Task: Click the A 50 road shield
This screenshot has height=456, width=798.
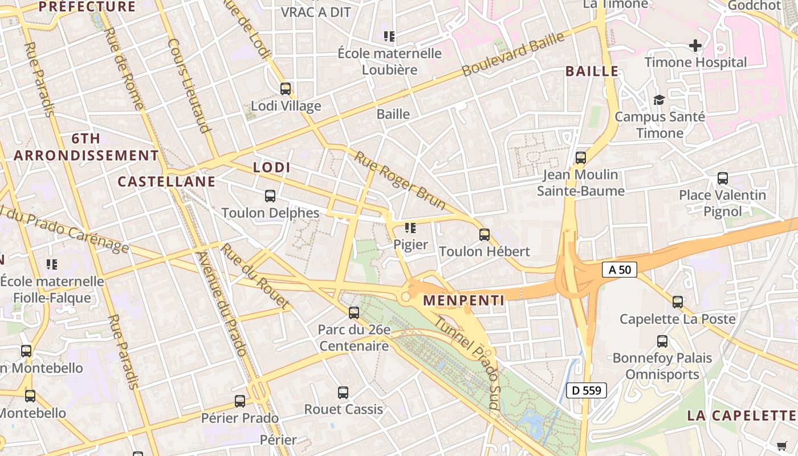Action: (620, 270)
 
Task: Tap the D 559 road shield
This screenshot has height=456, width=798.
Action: (586, 390)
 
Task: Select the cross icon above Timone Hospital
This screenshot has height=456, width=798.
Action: (695, 45)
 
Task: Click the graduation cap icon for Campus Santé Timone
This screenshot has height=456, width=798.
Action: (659, 100)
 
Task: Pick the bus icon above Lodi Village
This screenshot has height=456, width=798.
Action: (286, 89)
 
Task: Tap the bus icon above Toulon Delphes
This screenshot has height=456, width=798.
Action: (270, 196)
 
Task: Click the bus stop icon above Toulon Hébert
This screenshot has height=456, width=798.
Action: (484, 234)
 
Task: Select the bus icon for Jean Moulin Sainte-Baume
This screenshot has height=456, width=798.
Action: (581, 158)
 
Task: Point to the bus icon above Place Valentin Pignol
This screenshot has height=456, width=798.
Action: (723, 178)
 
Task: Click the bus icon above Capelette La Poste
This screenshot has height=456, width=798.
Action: (678, 302)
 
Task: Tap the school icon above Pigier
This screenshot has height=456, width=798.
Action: (410, 228)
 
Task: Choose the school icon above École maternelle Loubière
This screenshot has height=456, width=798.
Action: (389, 37)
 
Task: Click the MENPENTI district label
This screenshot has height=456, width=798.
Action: (463, 300)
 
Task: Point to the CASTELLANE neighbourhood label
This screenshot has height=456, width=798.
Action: (166, 182)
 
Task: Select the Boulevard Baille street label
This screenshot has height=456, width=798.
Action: (513, 54)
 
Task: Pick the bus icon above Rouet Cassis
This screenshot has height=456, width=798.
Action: (343, 393)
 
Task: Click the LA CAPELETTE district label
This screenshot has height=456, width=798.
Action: (741, 415)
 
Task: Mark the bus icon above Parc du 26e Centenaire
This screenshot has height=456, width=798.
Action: (354, 313)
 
